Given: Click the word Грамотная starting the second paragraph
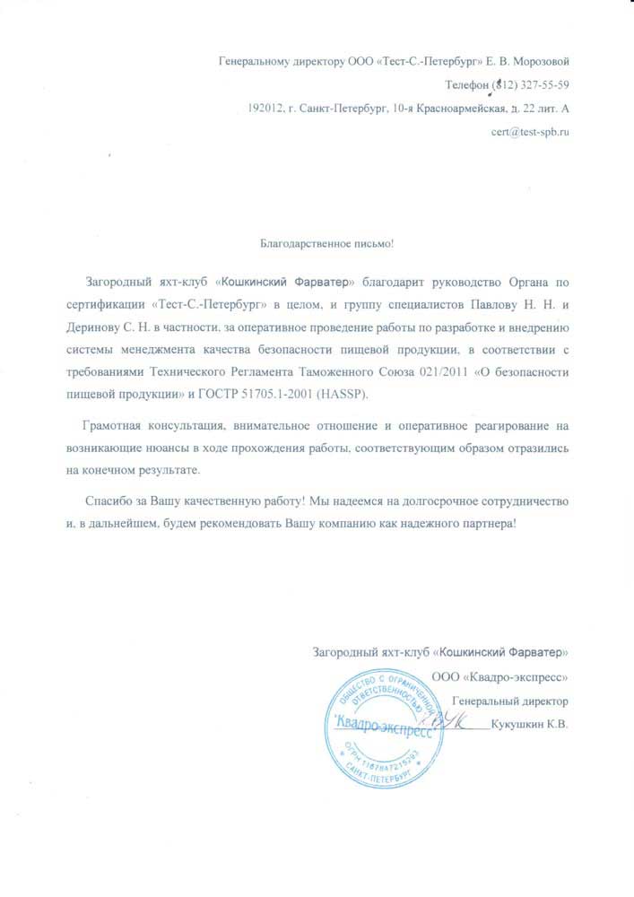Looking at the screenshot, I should [114, 423].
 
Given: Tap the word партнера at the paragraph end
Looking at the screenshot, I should [483, 523].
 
